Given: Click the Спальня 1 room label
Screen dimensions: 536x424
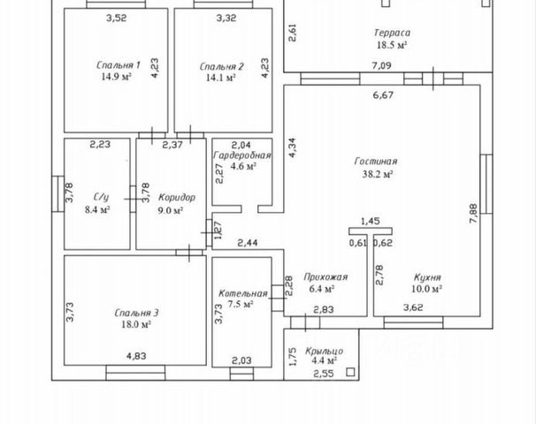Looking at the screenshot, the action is coord(119,65).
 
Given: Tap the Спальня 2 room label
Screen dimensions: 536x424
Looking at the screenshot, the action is coord(221,65).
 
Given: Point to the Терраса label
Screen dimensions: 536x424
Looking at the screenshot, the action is coord(392,33).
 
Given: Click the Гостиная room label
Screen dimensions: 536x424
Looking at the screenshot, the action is coord(376,162).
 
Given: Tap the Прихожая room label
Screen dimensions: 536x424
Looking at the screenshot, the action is coord(325,276).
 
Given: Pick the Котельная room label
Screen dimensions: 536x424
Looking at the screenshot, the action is coord(243,293).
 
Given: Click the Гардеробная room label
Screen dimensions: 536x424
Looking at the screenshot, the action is coord(241,155).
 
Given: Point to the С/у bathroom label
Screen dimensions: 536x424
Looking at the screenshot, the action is coord(101,198).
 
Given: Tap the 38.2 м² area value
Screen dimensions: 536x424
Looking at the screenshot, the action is coord(376,175).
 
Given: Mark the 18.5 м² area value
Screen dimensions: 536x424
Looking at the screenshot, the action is coord(392,45).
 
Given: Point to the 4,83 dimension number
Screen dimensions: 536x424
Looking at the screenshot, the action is coord(136,356).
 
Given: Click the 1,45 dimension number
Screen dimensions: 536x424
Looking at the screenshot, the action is coord(371,222).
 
